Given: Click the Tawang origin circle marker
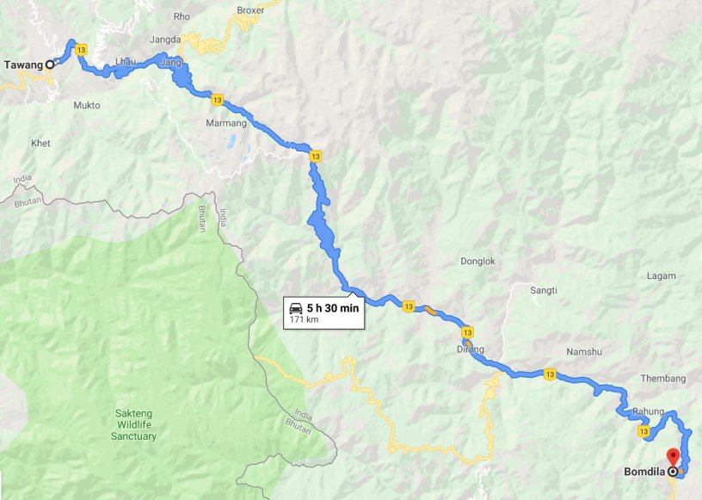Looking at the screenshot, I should pyautogui.click(x=50, y=64).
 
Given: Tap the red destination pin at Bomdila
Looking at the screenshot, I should pyautogui.click(x=673, y=457).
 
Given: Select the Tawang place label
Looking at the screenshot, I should pyautogui.click(x=23, y=65).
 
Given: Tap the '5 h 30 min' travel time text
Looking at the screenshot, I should pyautogui.click(x=332, y=308).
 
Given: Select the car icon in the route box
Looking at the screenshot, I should pyautogui.click(x=295, y=308).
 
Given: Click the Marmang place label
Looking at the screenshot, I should pyautogui.click(x=227, y=123).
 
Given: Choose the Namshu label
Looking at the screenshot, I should pyautogui.click(x=582, y=352).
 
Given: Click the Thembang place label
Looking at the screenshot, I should pyautogui.click(x=664, y=379).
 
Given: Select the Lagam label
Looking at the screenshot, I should pyautogui.click(x=661, y=275).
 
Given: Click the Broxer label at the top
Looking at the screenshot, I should pyautogui.click(x=250, y=10).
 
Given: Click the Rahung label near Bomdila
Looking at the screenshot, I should pyautogui.click(x=648, y=411).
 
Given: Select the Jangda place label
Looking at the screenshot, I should pyautogui.click(x=165, y=40).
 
